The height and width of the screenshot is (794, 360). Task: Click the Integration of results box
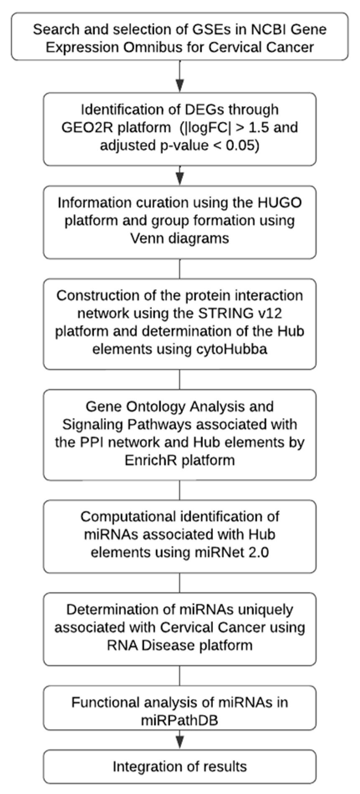pyautogui.click(x=180, y=767)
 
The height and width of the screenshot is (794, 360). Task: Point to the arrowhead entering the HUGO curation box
pyautogui.click(x=180, y=181)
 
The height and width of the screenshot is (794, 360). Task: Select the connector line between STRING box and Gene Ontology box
pyautogui.click(x=180, y=380)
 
